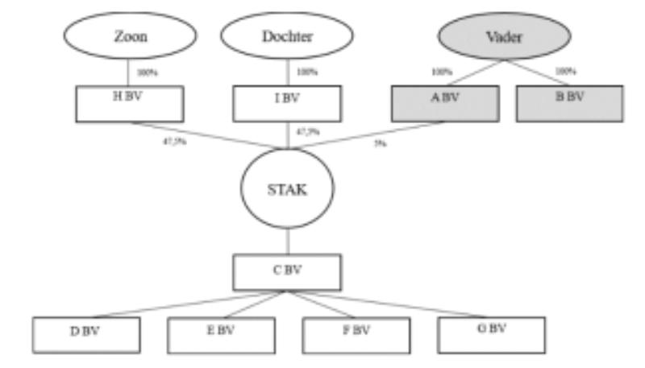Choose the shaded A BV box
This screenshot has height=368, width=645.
(x=441, y=105)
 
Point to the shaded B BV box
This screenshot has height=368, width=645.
(x=570, y=105)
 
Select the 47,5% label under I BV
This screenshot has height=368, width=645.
(x=304, y=130)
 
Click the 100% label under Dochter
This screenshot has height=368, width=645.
(x=306, y=72)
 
